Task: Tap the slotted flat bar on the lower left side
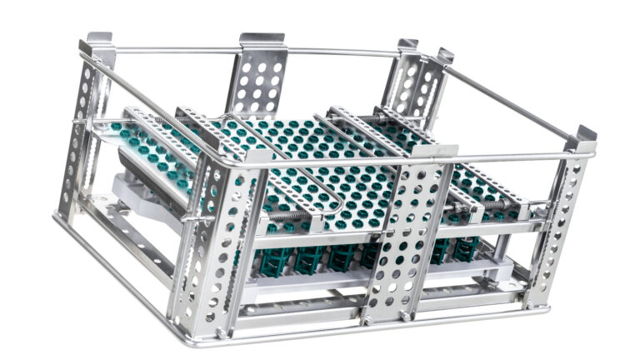[125, 233]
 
